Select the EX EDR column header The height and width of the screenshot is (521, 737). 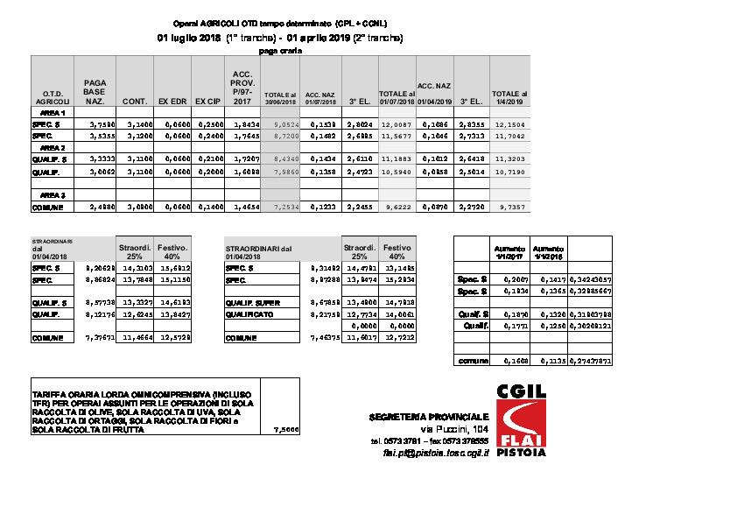172,102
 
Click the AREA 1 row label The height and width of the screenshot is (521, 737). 52,114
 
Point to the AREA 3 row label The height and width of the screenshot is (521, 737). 52,194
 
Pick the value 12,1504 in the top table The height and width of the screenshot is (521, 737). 509,125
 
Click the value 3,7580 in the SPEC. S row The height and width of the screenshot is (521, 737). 94,125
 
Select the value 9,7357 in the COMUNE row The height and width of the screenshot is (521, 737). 509,207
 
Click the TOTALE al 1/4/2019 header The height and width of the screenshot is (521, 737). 509,97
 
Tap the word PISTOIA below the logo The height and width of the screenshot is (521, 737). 521,453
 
